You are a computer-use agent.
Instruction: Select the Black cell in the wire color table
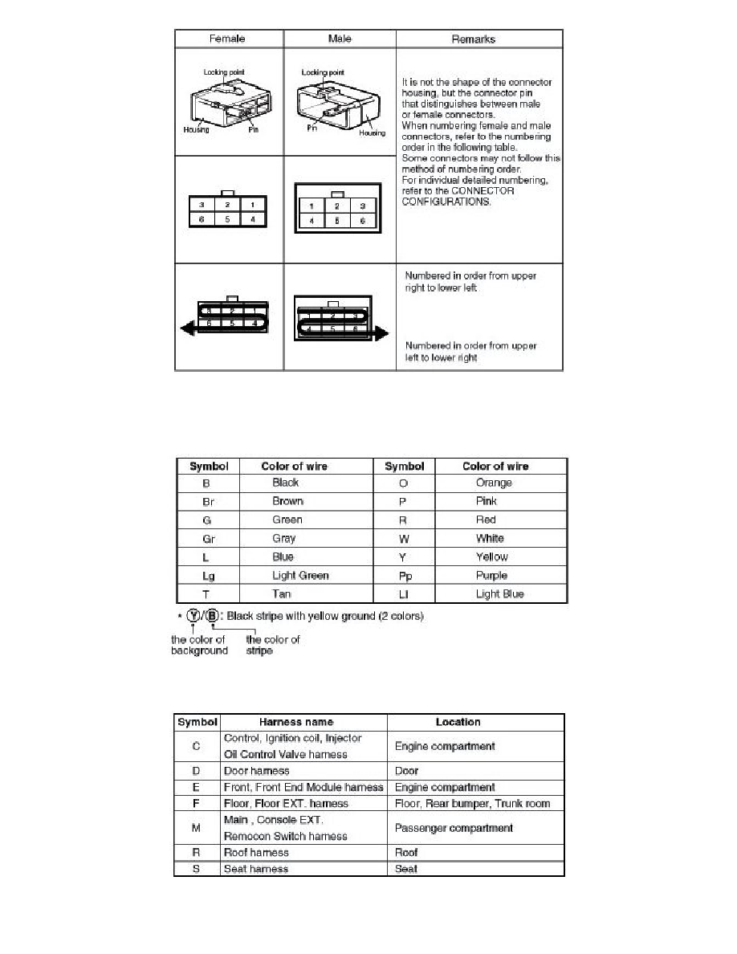[286, 483]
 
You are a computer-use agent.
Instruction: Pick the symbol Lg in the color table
[208, 576]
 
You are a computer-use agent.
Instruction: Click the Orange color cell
[494, 483]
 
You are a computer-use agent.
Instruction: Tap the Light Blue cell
[499, 594]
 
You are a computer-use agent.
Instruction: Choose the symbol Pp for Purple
[405, 576]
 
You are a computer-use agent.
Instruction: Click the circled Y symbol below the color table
[193, 617]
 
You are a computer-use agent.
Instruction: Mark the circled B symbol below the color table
[212, 617]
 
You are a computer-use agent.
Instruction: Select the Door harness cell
[256, 771]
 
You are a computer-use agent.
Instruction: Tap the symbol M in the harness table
[197, 828]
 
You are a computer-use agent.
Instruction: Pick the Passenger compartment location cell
[454, 828]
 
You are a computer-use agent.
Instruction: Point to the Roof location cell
[408, 853]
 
